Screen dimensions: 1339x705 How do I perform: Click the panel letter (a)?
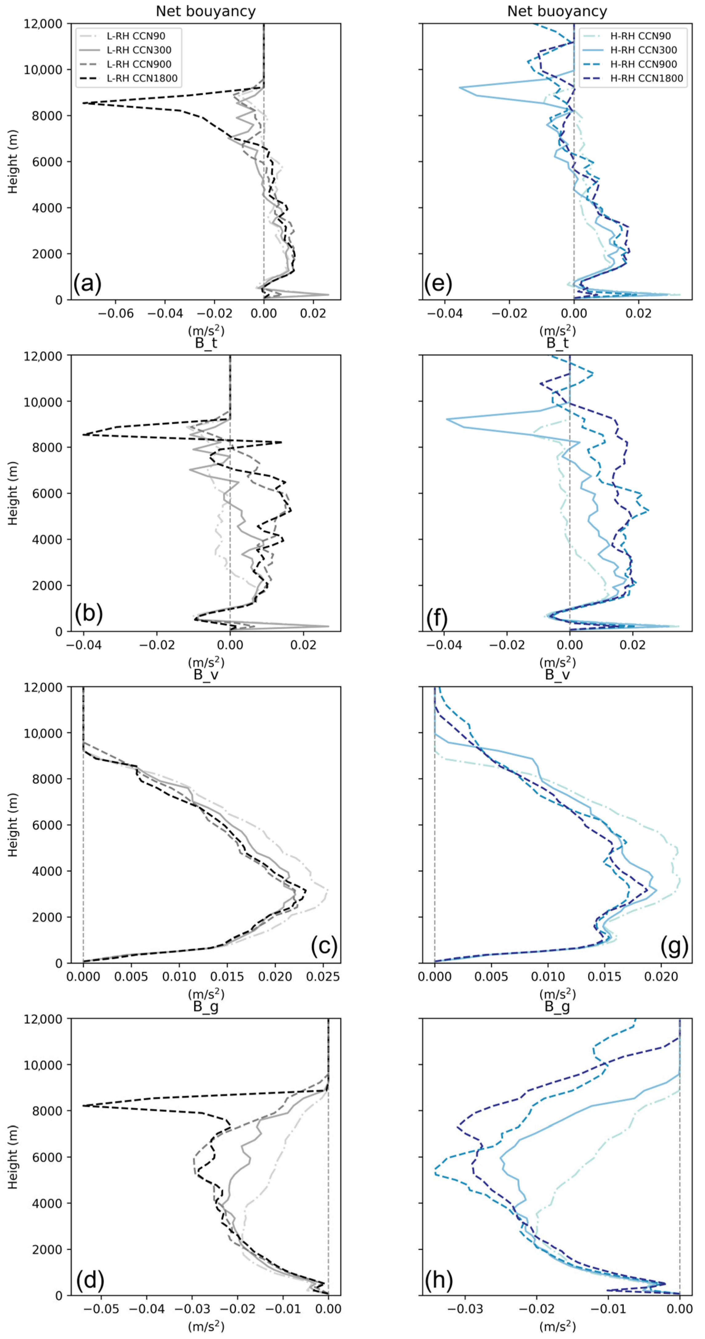coord(87,284)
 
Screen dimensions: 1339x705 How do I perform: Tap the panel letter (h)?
coord(438,1280)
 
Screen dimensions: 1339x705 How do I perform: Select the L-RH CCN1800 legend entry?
coord(142,78)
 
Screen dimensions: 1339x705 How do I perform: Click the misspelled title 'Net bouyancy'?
coord(206,11)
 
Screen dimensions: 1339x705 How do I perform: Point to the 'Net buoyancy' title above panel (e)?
coord(557,11)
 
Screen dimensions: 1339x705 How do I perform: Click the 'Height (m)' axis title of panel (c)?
coord(13,825)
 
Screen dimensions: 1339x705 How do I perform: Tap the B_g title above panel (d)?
coord(206,1006)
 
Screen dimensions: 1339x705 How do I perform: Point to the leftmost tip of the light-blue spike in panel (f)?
coord(447,419)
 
